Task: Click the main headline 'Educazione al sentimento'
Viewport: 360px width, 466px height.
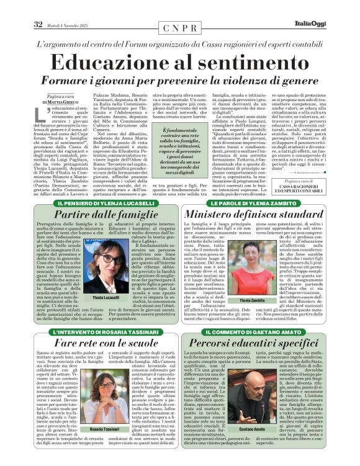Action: pos(180,65)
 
